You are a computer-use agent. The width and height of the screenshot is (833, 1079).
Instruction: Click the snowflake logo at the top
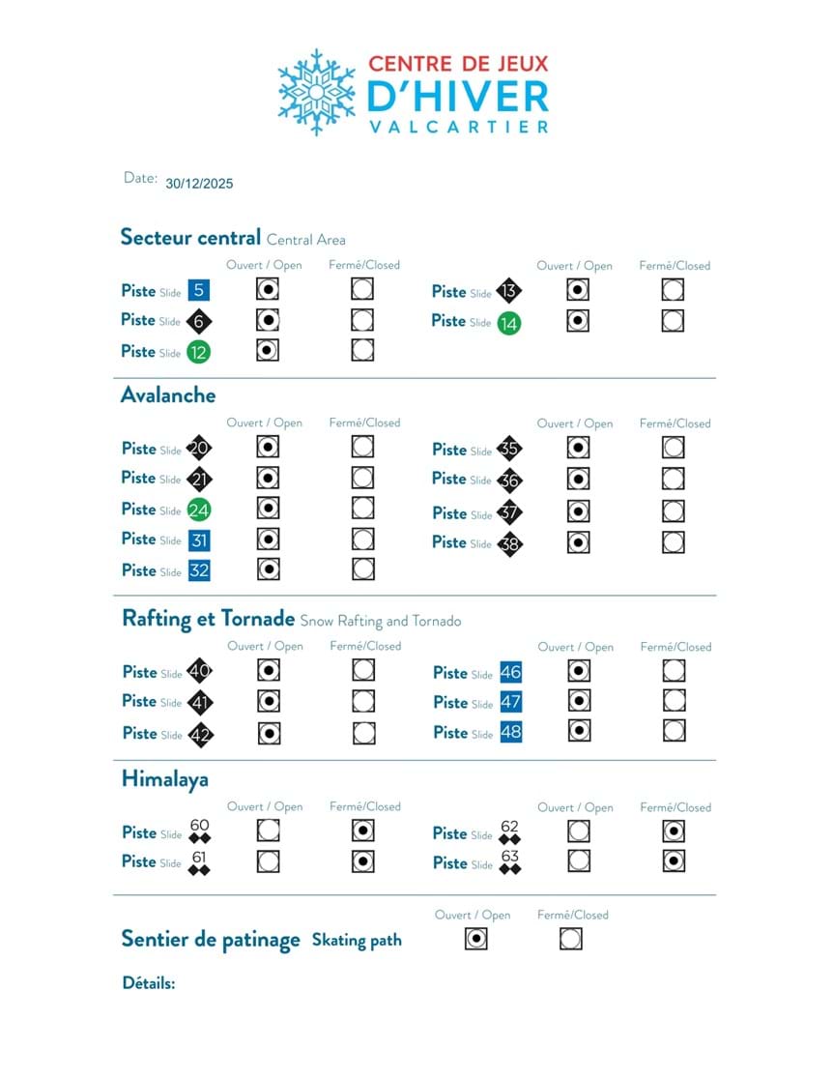click(x=316, y=92)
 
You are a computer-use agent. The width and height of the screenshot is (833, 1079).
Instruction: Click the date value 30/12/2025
click(x=199, y=183)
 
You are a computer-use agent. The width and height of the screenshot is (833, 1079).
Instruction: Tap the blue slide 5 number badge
click(x=198, y=290)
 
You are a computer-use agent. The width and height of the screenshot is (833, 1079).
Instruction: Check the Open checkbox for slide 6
click(x=269, y=320)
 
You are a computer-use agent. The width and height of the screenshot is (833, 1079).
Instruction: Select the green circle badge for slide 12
click(x=198, y=352)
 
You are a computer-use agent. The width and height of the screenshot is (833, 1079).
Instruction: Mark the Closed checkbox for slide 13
click(x=674, y=290)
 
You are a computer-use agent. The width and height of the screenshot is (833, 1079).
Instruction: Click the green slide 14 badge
click(x=509, y=324)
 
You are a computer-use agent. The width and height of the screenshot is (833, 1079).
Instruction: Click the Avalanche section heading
click(x=168, y=394)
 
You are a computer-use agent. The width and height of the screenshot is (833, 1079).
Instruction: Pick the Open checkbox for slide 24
click(x=269, y=509)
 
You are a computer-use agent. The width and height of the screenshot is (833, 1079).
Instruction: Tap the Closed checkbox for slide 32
click(x=363, y=569)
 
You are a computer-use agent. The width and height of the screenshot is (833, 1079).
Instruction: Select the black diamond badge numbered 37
click(x=509, y=513)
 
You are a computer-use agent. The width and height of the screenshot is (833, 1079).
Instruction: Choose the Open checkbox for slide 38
click(x=579, y=542)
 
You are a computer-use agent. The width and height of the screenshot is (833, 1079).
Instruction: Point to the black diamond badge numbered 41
click(x=199, y=703)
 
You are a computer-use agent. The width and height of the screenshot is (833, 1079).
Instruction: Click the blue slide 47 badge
click(x=510, y=703)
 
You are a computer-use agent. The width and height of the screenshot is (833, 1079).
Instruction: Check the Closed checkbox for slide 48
click(x=675, y=731)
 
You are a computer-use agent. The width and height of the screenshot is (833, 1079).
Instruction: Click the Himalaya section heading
click(x=165, y=779)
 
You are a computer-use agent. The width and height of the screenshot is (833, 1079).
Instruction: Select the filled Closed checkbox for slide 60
click(x=364, y=831)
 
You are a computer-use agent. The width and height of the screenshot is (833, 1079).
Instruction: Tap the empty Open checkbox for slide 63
click(x=579, y=860)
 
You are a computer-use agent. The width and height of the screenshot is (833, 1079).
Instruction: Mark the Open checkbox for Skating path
click(x=475, y=939)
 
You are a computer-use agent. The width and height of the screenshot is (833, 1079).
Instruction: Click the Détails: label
click(x=149, y=983)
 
